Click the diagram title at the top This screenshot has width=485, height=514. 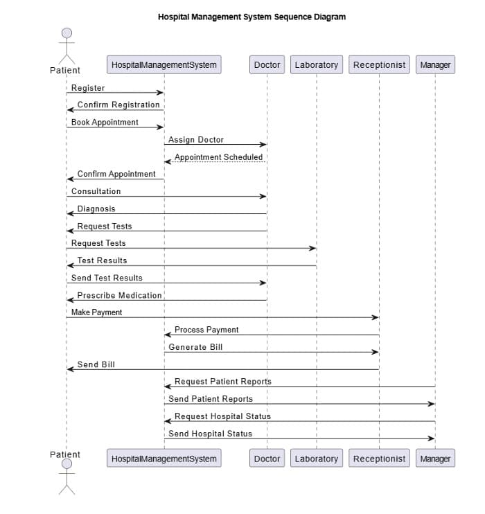[x=252, y=17]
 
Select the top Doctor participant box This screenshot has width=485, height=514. [x=267, y=65]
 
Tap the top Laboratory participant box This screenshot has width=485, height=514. [x=317, y=65]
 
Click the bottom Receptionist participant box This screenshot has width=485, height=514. [x=379, y=459]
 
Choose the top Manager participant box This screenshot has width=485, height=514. [x=435, y=65]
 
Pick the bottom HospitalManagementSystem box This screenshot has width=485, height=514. [x=164, y=459]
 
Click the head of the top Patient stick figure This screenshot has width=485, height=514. [x=67, y=33]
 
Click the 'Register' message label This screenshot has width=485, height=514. [x=88, y=88]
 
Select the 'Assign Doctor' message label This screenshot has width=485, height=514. [x=196, y=140]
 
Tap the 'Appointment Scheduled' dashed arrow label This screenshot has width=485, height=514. [x=218, y=157]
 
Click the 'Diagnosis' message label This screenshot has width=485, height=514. [x=96, y=209]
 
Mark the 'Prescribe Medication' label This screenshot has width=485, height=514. [x=119, y=295]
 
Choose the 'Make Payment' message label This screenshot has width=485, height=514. [x=96, y=312]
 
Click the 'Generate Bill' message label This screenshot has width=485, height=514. [x=196, y=347]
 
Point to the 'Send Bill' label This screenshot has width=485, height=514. [x=96, y=364]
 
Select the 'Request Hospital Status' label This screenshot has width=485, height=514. [x=222, y=416]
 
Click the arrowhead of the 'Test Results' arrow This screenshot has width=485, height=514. [x=70, y=265]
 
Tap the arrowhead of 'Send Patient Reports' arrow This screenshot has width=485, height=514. [x=431, y=404]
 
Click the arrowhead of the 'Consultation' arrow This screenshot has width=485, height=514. [x=263, y=196]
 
